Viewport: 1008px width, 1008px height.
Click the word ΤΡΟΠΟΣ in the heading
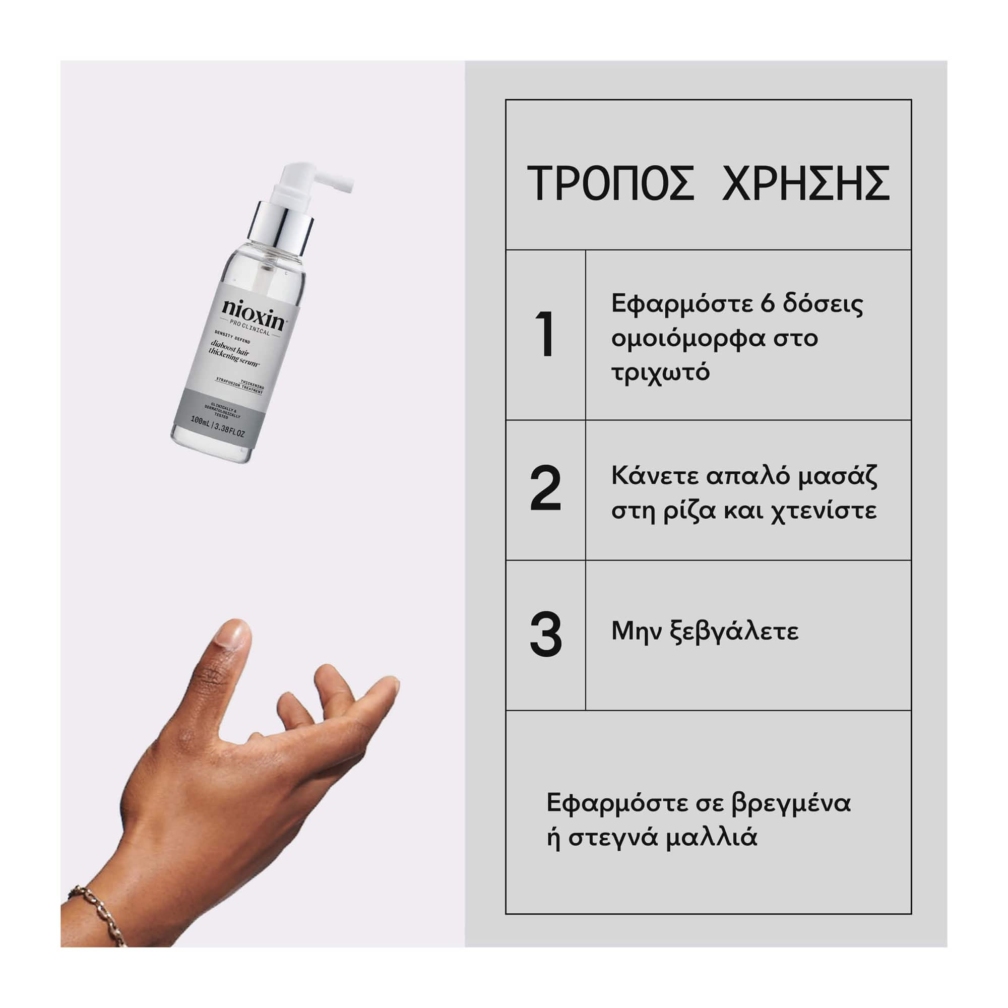coord(610,183)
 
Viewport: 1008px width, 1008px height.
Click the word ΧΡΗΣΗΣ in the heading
coord(805,183)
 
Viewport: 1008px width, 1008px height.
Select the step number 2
coord(545,489)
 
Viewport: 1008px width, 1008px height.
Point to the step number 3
coord(546,635)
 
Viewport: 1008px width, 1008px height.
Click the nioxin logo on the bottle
coord(253,314)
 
